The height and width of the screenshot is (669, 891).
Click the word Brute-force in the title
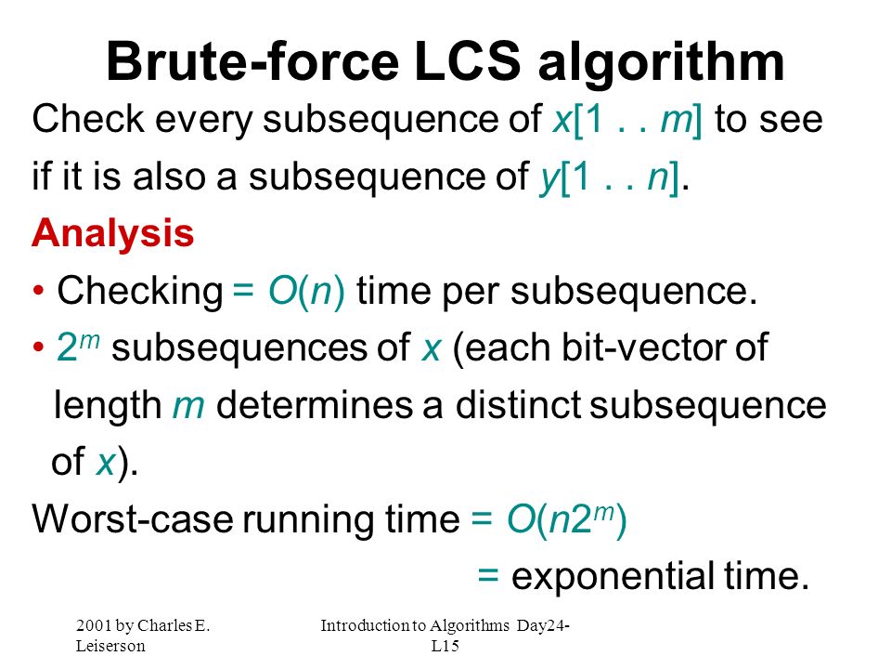click(x=252, y=61)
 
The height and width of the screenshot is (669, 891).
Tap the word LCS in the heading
click(x=467, y=61)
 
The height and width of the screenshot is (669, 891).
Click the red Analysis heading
click(x=113, y=234)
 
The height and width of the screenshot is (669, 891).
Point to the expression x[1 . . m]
click(x=626, y=120)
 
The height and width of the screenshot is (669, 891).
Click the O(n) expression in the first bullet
click(x=306, y=291)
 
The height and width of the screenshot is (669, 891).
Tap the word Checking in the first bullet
click(x=140, y=292)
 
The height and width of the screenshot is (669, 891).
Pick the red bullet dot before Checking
click(x=38, y=291)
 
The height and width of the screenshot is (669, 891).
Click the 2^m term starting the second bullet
click(x=78, y=346)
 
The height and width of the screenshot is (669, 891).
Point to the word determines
click(x=315, y=405)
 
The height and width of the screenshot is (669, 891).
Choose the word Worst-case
click(x=133, y=518)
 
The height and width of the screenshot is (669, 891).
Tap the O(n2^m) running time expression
click(x=566, y=518)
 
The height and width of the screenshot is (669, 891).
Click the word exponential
click(x=613, y=577)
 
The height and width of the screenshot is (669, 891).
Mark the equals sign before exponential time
click(x=488, y=575)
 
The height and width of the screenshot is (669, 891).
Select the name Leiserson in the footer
click(x=110, y=647)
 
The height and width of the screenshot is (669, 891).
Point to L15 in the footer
click(x=445, y=647)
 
